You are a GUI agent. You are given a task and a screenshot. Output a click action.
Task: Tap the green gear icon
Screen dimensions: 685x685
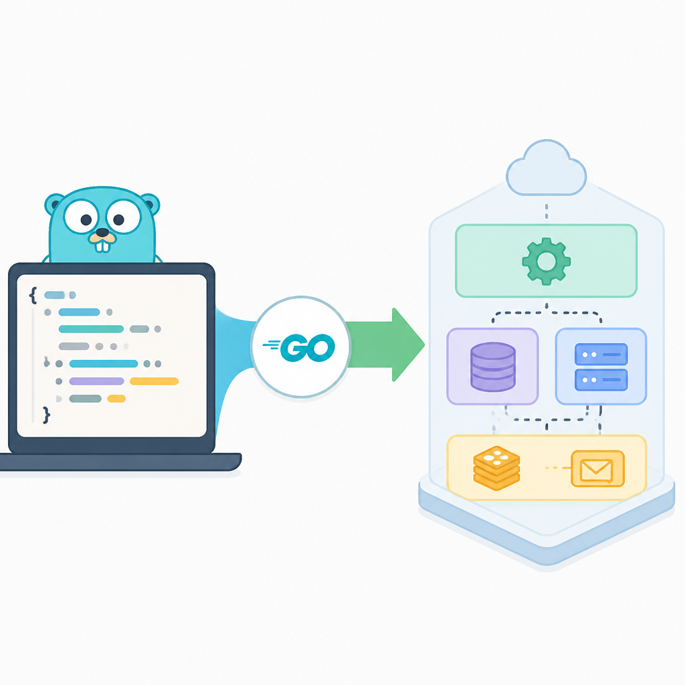click(546, 262)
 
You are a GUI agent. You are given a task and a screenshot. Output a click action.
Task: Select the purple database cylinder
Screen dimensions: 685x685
click(493, 367)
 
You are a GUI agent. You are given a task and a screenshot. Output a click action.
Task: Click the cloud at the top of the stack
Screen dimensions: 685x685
click(546, 168)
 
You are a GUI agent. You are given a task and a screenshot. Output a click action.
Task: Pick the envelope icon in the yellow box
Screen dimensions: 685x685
click(597, 469)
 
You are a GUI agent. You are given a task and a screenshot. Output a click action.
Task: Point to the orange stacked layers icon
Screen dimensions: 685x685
click(497, 468)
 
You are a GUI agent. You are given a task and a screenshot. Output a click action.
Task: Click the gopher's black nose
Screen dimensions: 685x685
click(102, 232)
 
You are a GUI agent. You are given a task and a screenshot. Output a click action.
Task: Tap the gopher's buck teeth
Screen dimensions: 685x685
click(102, 246)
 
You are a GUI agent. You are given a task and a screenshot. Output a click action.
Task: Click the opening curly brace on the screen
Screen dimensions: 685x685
click(33, 295)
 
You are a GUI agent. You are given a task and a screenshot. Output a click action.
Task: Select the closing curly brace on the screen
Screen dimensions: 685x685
click(46, 415)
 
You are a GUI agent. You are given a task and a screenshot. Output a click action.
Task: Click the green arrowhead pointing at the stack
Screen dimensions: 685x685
click(408, 345)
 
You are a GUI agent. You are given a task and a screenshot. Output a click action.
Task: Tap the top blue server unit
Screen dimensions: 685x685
click(601, 355)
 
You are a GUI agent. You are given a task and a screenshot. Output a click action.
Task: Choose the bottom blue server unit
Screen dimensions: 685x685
click(601, 380)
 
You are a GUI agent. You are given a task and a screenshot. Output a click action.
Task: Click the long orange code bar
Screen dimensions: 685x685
click(155, 381)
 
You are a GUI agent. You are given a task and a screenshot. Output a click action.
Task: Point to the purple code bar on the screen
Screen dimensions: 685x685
click(96, 381)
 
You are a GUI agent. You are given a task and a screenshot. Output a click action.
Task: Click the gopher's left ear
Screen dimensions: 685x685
click(55, 205)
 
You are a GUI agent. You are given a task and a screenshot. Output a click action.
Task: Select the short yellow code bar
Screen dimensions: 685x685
click(116, 399)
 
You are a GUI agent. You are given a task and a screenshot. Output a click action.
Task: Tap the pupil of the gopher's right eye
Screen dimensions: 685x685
click(119, 219)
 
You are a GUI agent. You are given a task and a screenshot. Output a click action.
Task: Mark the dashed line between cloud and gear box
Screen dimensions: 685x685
click(547, 211)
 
